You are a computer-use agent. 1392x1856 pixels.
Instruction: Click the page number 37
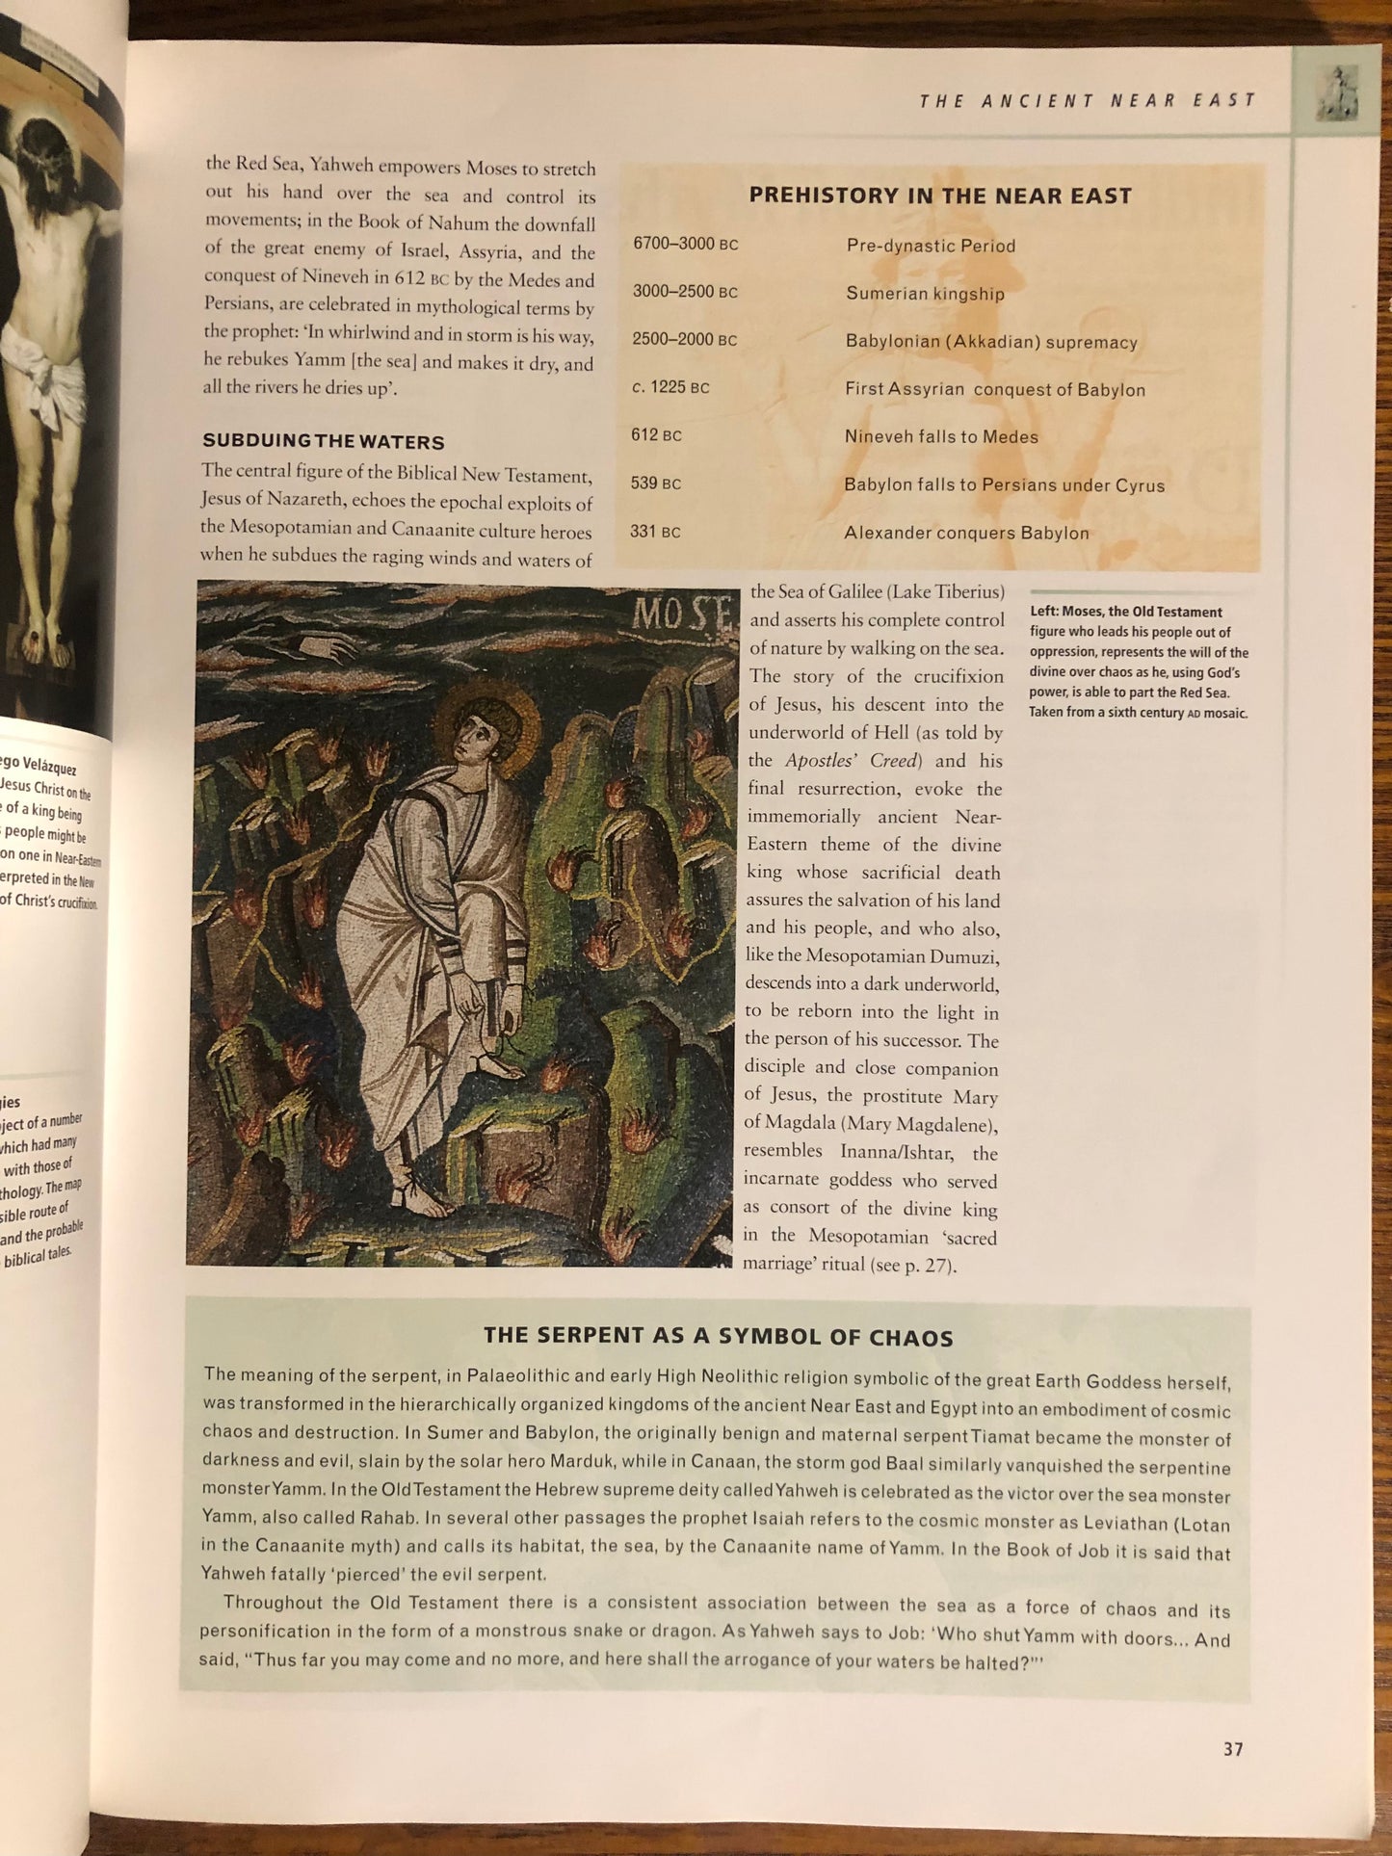click(x=1233, y=1748)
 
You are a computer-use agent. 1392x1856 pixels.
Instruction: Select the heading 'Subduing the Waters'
click(x=324, y=442)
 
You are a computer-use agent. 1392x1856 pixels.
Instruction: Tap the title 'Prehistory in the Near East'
click(x=940, y=196)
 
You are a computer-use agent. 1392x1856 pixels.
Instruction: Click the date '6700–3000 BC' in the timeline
click(x=685, y=244)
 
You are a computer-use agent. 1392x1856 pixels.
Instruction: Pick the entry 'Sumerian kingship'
click(x=925, y=294)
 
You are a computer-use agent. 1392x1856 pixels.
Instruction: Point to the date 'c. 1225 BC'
click(x=670, y=387)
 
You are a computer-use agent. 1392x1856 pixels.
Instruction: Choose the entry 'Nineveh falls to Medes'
click(x=941, y=436)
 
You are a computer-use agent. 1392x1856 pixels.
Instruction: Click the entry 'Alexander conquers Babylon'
click(x=966, y=533)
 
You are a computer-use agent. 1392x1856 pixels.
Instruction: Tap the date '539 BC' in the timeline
click(x=656, y=483)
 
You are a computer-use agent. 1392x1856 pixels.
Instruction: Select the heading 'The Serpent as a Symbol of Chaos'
click(x=718, y=1337)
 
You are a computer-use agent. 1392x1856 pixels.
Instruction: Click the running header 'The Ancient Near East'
click(x=1088, y=100)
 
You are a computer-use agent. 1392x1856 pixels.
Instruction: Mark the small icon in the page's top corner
click(x=1336, y=92)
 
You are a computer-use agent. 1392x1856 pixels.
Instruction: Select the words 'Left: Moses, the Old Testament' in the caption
click(x=1125, y=612)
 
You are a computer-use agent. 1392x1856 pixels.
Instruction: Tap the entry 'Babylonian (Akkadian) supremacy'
click(x=991, y=342)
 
